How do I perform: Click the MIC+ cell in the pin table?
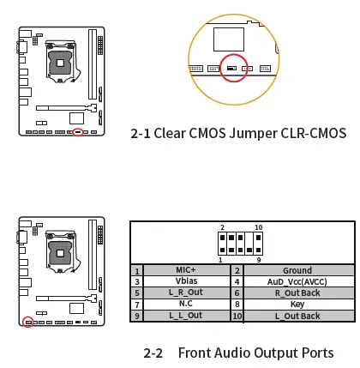(186, 270)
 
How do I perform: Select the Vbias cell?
(186, 281)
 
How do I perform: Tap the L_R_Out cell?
(186, 293)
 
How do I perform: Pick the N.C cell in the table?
(186, 304)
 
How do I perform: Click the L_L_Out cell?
(186, 316)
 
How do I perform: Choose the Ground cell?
(297, 270)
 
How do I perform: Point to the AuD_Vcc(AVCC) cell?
(297, 282)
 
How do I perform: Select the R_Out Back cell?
(297, 293)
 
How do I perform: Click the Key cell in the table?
(297, 304)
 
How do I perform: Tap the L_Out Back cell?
(297, 316)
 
